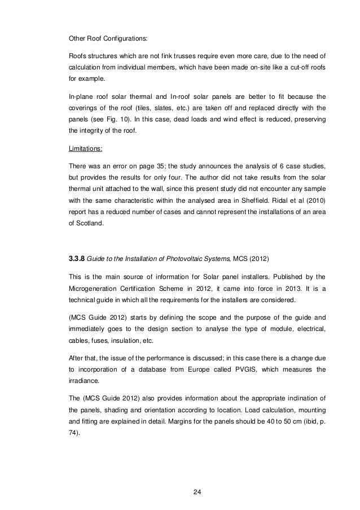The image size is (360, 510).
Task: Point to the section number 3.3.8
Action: point(78,260)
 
